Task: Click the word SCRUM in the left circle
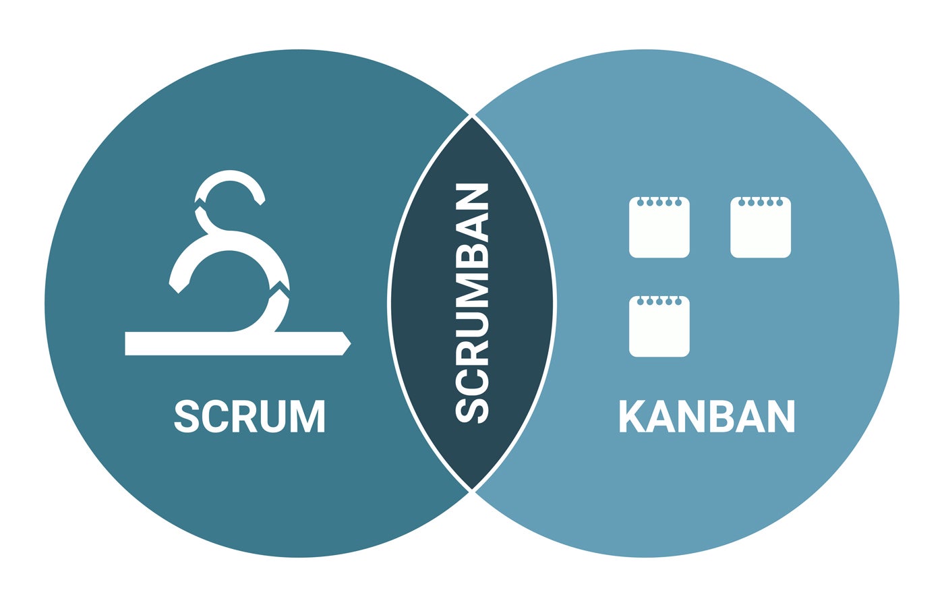pyautogui.click(x=249, y=416)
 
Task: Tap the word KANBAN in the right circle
pyautogui.click(x=707, y=416)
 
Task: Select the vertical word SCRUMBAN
pyautogui.click(x=472, y=303)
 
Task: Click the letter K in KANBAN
pyautogui.click(x=632, y=416)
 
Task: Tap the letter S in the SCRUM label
pyautogui.click(x=186, y=416)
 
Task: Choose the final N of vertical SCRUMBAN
pyautogui.click(x=472, y=196)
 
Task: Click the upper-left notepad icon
pyautogui.click(x=659, y=227)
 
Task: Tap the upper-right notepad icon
pyautogui.click(x=761, y=227)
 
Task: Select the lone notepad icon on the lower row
pyautogui.click(x=659, y=326)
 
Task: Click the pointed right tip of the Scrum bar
pyautogui.click(x=350, y=343)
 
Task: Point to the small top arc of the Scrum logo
pyautogui.click(x=230, y=175)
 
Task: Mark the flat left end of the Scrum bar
pyautogui.click(x=125, y=343)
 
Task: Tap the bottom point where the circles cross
pyautogui.click(x=472, y=491)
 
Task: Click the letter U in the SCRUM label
pyautogui.click(x=272, y=417)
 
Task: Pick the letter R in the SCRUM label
pyautogui.click(x=243, y=416)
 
